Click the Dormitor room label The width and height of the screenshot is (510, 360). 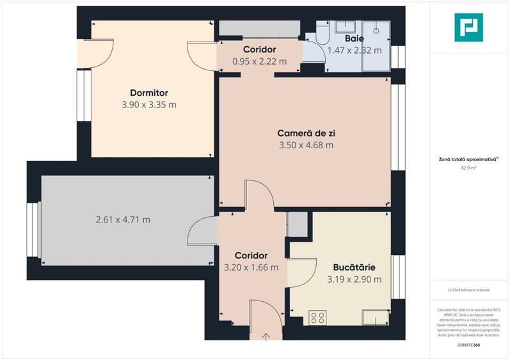click(x=148, y=93)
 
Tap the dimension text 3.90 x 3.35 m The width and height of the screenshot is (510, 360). click(x=148, y=105)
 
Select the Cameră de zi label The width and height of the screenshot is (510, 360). click(x=306, y=133)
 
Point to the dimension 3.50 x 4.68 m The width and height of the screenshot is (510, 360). click(x=306, y=145)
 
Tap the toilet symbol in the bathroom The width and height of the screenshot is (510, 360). click(x=321, y=31)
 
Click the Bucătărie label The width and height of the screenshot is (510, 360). click(x=354, y=267)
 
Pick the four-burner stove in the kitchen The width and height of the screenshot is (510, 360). click(x=317, y=318)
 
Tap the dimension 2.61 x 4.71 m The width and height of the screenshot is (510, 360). click(x=123, y=220)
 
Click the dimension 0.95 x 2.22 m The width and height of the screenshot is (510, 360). click(x=259, y=61)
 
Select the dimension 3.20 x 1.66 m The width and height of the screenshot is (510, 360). click(x=251, y=267)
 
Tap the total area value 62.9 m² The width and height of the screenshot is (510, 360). click(x=469, y=169)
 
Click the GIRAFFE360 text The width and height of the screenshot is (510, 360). click(x=469, y=345)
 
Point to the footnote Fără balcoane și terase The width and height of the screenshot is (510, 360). click(x=469, y=290)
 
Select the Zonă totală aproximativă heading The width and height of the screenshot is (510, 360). click(x=468, y=159)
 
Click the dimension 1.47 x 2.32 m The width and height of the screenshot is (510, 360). click(x=354, y=50)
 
